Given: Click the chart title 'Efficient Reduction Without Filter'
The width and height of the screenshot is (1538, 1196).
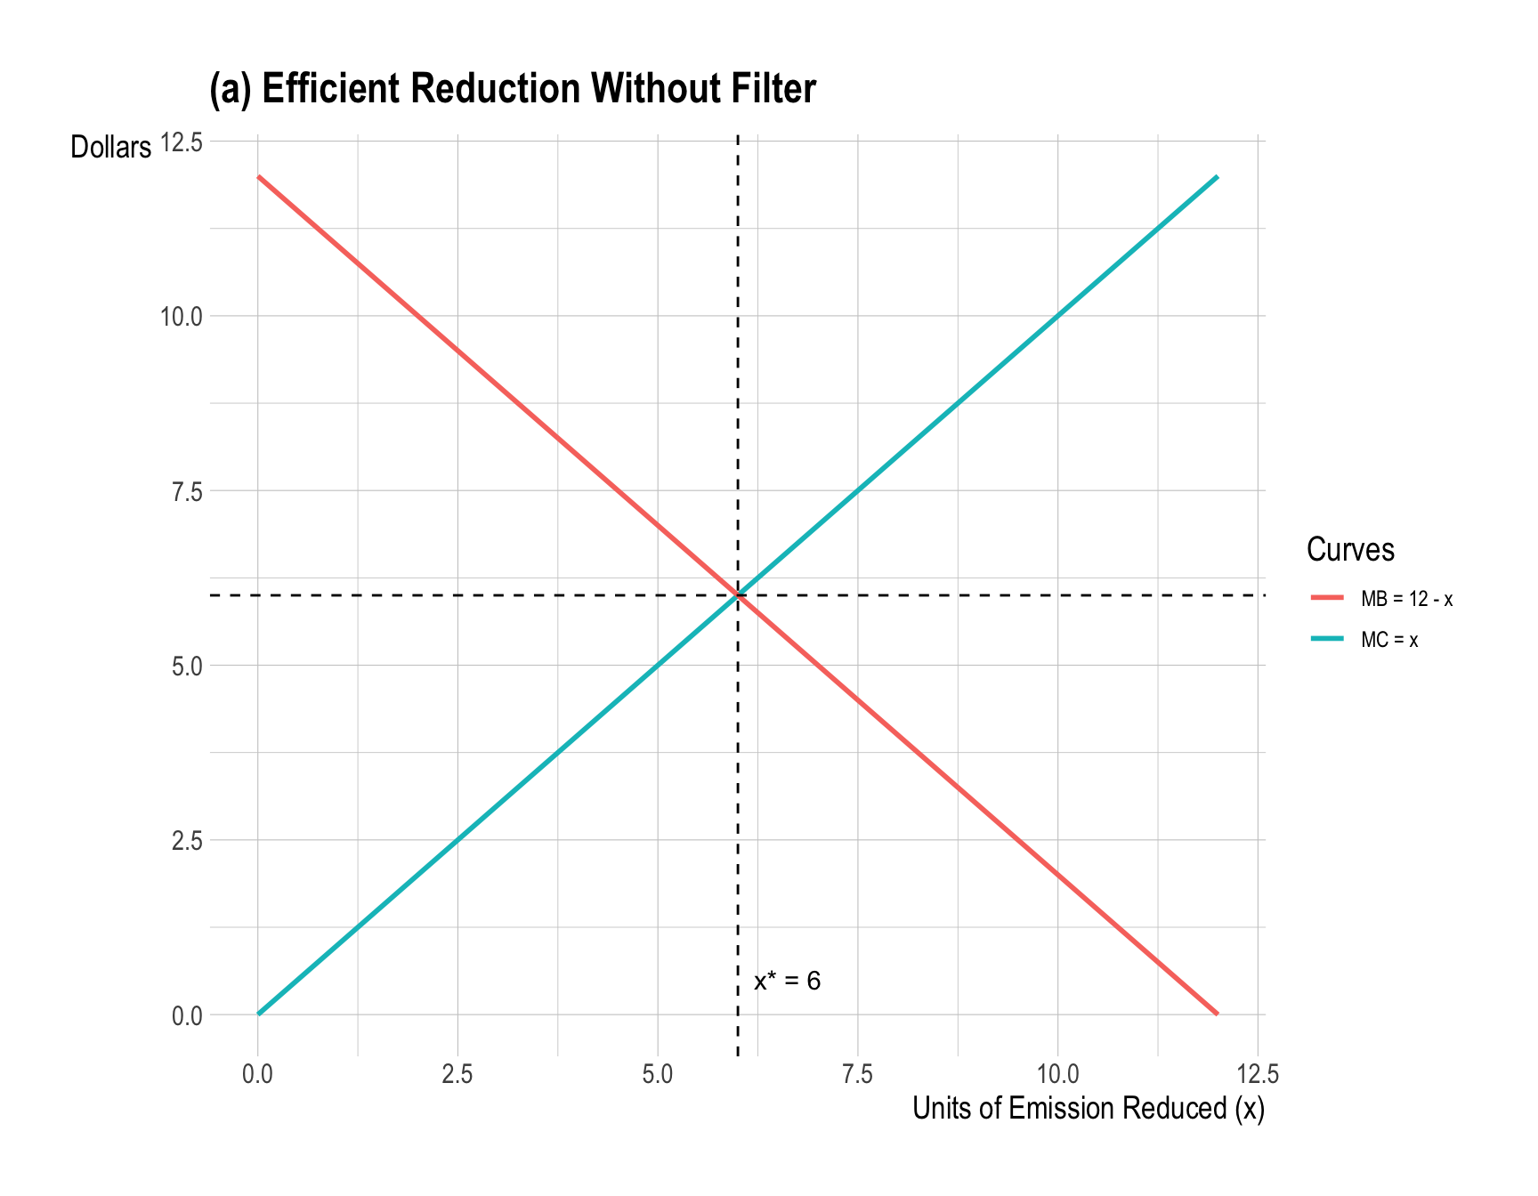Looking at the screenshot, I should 512,89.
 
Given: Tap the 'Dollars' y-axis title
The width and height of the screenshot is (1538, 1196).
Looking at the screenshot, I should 111,148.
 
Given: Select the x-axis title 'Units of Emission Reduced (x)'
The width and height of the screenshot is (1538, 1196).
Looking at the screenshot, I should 1088,1109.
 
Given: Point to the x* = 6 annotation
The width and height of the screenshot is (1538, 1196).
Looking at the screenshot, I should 787,982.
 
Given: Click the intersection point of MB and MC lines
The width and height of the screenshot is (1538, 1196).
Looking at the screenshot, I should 738,595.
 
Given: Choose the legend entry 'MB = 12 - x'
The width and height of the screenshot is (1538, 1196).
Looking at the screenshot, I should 1406,599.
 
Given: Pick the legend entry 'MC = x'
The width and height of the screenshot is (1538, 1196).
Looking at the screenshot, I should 1389,640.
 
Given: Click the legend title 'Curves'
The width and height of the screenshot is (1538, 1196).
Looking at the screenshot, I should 1350,550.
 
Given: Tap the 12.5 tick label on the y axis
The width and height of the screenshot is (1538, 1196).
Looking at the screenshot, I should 181,142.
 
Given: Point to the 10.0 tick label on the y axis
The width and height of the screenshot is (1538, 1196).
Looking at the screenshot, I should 181,317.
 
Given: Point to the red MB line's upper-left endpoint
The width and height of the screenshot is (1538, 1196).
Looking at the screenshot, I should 258,176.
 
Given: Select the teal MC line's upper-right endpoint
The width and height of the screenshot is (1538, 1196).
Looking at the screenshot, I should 1217,176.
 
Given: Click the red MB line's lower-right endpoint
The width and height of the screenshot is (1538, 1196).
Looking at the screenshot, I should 1217,1014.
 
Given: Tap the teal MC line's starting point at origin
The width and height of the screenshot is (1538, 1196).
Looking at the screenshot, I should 258,1014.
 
